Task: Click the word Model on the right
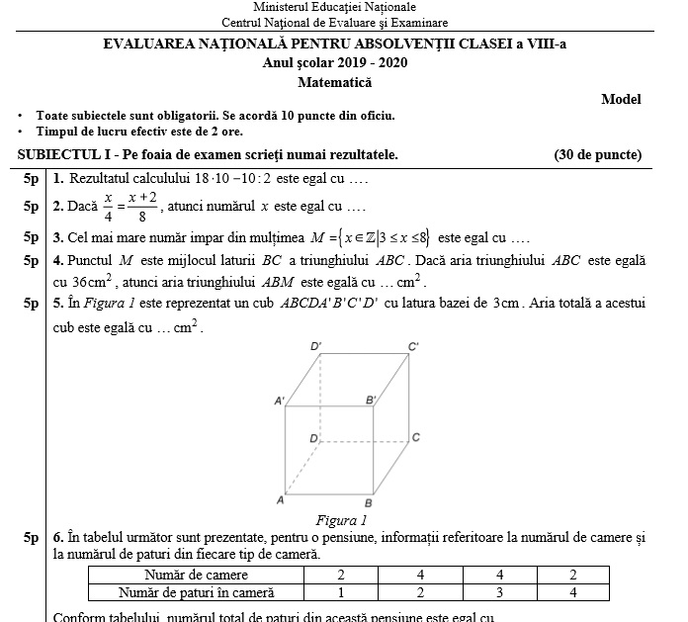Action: point(621,99)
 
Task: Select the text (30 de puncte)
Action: point(598,154)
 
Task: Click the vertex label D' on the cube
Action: point(315,347)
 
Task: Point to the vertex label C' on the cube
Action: point(413,346)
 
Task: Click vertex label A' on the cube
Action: point(280,400)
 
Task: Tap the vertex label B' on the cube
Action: point(372,400)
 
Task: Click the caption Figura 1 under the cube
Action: point(341,519)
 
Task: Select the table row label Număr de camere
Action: point(196,575)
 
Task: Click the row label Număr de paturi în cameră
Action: point(196,592)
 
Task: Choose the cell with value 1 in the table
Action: point(341,592)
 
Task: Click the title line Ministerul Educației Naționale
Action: point(334,7)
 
